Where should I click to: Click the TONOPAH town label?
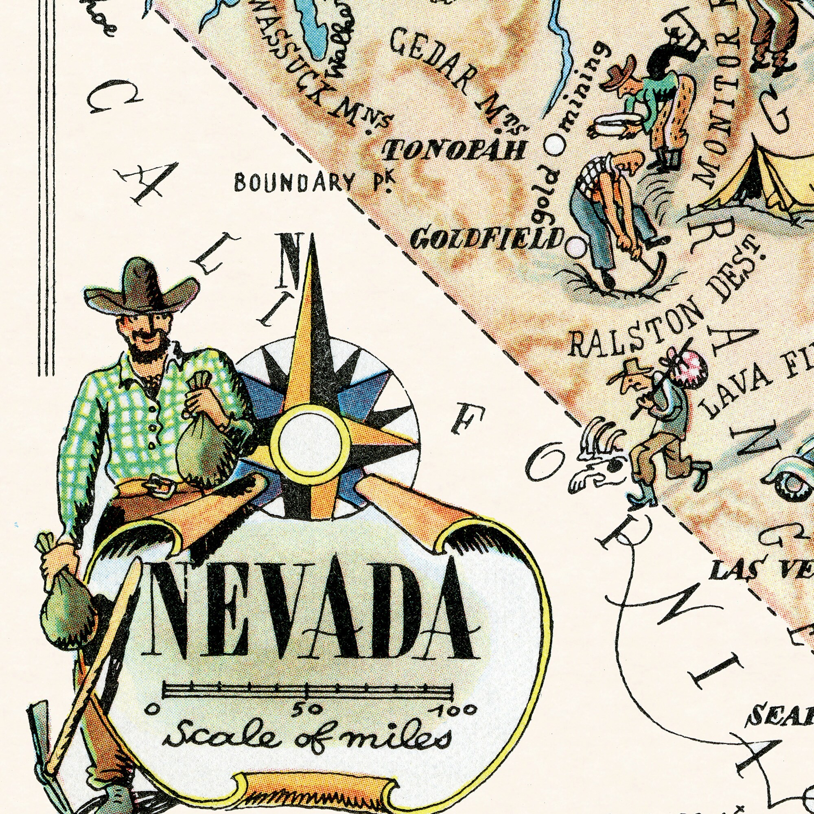click(454, 149)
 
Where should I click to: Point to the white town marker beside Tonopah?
click(554, 145)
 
